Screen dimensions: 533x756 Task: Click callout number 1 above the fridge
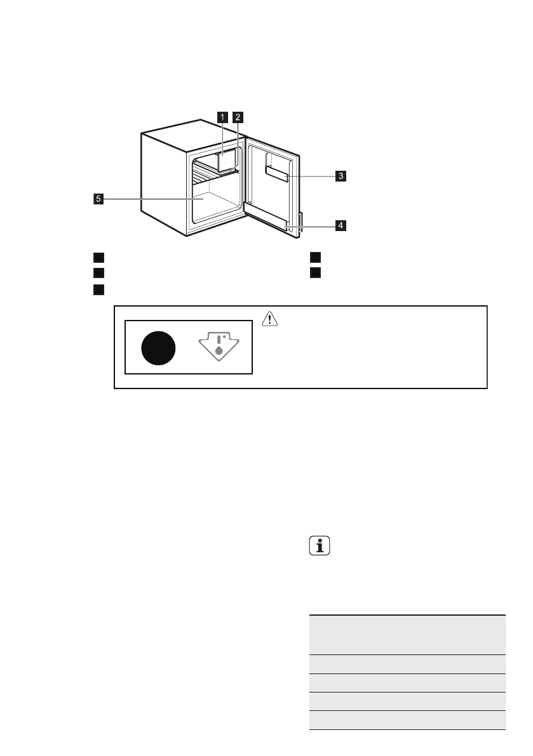222,117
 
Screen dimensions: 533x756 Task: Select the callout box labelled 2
238,117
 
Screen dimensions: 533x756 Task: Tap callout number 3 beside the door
341,176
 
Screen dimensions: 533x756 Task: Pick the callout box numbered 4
341,225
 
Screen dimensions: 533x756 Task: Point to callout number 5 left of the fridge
98,199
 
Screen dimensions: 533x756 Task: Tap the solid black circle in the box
158,348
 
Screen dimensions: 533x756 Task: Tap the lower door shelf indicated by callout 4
270,216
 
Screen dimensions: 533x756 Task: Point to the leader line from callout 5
146,199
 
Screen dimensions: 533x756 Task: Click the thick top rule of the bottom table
407,614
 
